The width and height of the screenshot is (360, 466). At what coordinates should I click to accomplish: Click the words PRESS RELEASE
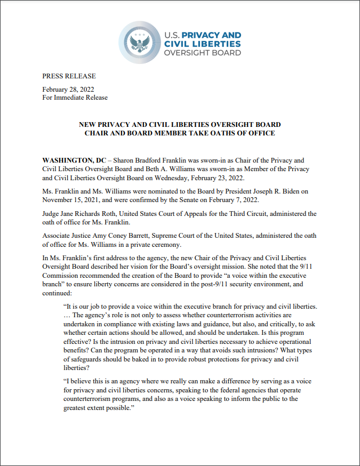69,76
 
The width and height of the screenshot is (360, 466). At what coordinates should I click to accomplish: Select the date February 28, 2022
68,89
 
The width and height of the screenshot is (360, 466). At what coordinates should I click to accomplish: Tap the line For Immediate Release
75,98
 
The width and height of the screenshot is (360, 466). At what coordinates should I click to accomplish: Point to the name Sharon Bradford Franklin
145,160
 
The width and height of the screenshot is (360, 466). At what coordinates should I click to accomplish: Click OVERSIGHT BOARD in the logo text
202,53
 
